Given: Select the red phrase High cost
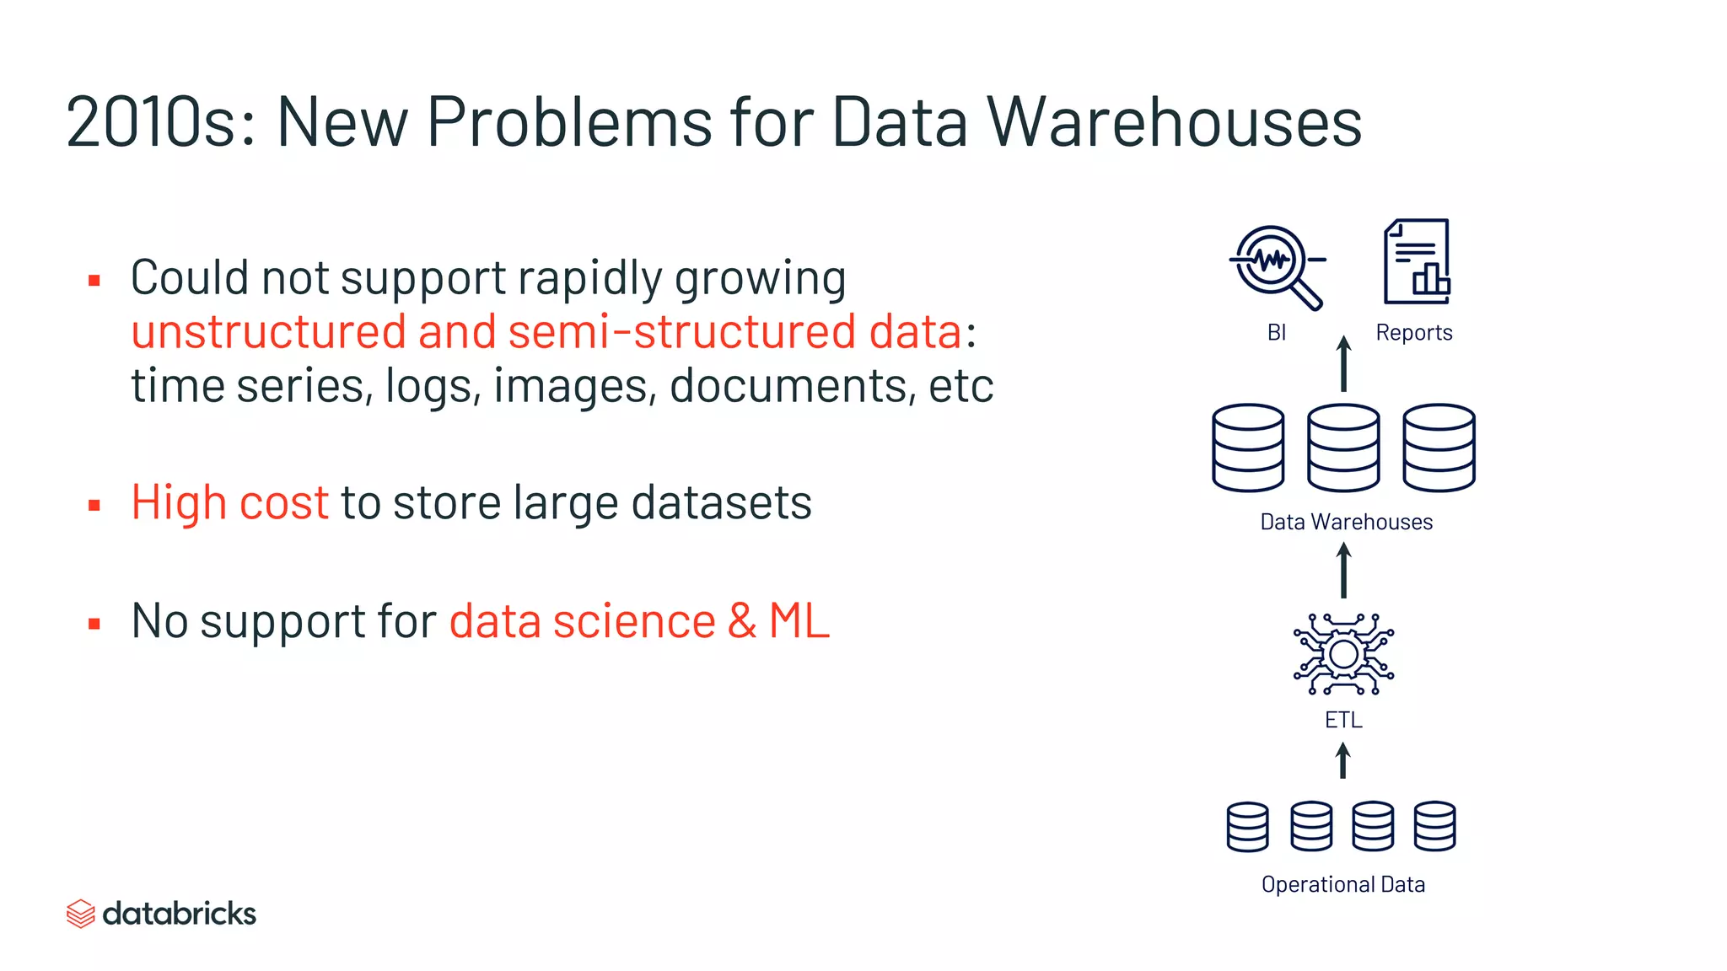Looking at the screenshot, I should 229,502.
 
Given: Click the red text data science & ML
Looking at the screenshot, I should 639,621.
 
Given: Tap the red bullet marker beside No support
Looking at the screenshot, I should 94,624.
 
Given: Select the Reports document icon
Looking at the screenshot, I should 1417,261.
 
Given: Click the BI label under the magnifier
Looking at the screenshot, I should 1277,333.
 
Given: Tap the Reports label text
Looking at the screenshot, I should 1414,333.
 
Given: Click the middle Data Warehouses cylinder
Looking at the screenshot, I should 1343,448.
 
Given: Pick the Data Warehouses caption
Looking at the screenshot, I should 1346,523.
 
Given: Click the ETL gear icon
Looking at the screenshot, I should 1343,654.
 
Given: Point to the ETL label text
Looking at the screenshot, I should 1343,720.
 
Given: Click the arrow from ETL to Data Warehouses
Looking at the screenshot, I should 1344,571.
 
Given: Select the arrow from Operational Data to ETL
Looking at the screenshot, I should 1343,760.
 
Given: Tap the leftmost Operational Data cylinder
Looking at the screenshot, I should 1247,827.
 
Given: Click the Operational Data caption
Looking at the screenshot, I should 1343,884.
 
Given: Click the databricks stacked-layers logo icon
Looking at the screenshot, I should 80,914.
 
